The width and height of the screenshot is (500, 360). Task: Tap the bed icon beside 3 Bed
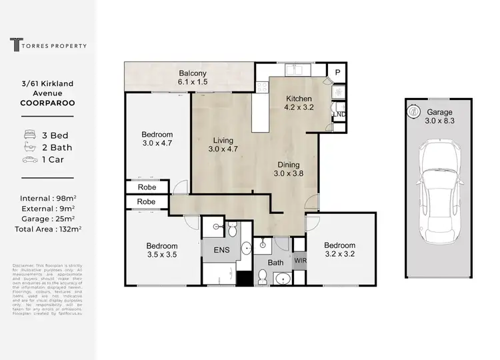29,135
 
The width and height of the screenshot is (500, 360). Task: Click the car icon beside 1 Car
29,160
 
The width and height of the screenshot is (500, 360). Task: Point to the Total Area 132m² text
47,228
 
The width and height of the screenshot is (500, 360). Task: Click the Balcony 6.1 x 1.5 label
192,77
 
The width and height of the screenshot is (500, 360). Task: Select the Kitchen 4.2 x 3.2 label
299,101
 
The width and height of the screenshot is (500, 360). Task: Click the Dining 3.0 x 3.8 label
289,169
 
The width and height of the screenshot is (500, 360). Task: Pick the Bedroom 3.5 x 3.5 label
162,249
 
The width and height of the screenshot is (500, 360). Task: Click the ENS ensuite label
221,251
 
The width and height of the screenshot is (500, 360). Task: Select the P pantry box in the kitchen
338,73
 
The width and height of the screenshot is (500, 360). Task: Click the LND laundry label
339,114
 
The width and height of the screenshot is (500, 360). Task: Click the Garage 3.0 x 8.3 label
440,116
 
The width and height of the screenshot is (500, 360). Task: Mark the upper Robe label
147,188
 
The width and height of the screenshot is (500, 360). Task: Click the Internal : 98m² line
47,198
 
